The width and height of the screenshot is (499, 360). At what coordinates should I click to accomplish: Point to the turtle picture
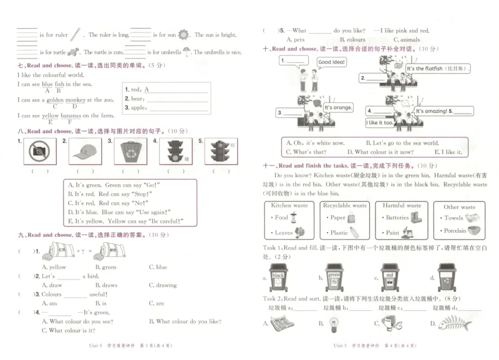[x=74, y=52]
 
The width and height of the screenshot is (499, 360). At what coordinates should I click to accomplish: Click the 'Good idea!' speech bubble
[x=331, y=62]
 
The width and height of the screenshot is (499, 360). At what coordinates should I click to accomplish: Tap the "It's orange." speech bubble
[x=338, y=108]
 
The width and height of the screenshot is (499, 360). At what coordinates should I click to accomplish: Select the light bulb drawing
[x=334, y=323]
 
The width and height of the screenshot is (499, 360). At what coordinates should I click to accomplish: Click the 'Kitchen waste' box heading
[x=289, y=205]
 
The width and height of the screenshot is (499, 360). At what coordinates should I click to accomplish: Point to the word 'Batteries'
[x=397, y=218]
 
